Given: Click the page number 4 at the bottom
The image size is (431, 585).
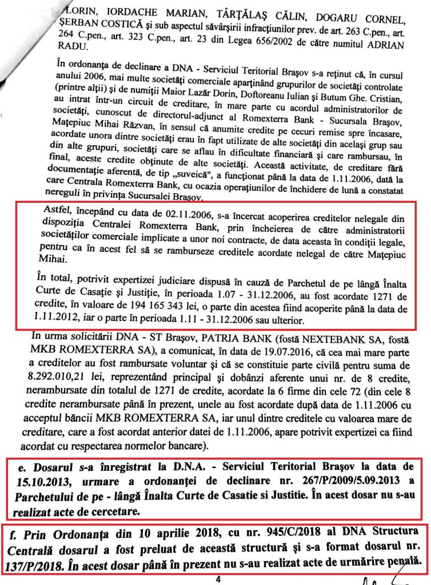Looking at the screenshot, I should pyautogui.click(x=218, y=578).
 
